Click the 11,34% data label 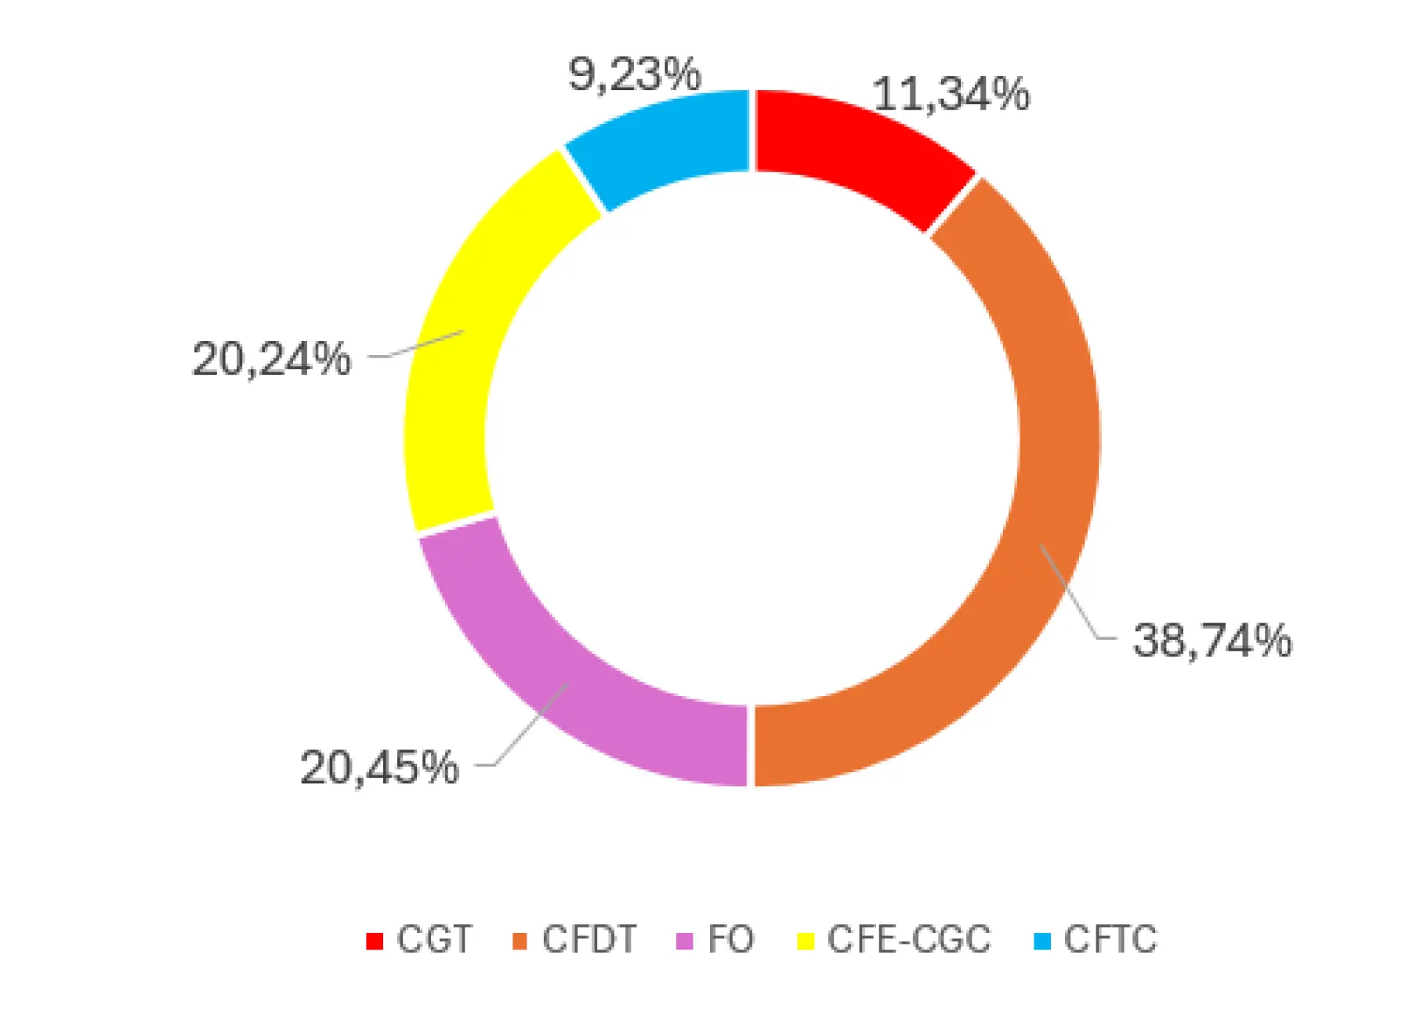[x=951, y=95]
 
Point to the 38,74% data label [x=1212, y=640]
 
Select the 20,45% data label [x=379, y=767]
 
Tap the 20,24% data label [x=271, y=359]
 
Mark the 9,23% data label [x=634, y=75]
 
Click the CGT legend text [x=434, y=939]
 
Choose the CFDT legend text [x=589, y=939]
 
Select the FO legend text [x=730, y=939]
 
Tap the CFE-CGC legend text [x=909, y=939]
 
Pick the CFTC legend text [x=1110, y=939]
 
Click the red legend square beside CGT [x=375, y=941]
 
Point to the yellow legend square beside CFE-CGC [x=806, y=941]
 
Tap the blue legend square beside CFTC [x=1042, y=941]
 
